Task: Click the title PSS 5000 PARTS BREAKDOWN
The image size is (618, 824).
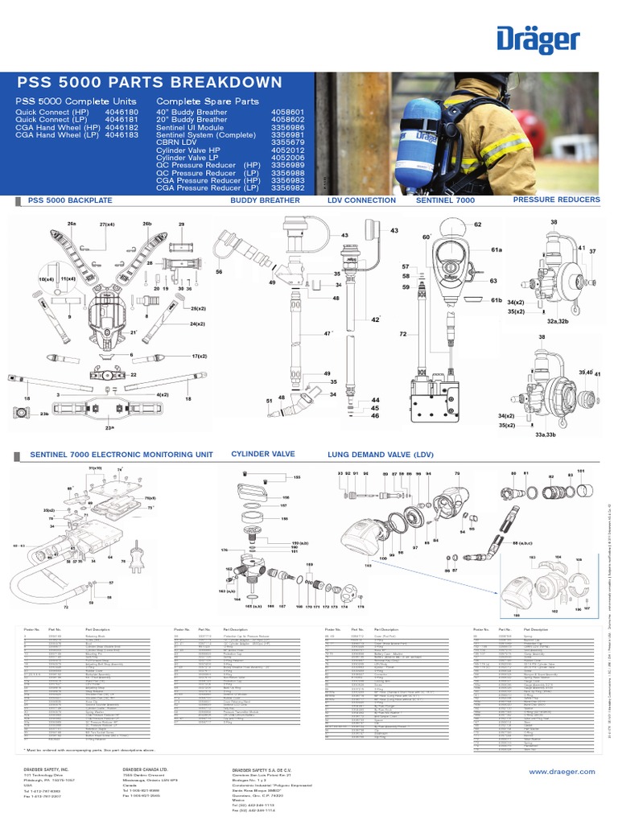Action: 150,83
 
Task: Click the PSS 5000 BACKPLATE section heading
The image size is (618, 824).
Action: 70,200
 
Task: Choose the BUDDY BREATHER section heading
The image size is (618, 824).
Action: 265,200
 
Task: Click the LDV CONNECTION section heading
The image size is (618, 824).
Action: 361,200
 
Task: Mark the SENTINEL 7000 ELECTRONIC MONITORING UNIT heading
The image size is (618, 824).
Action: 122,455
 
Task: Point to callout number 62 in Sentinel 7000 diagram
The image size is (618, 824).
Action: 477,225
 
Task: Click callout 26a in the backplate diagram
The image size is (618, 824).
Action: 72,223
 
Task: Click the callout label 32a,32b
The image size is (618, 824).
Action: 558,320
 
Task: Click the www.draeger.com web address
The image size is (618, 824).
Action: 561,772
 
